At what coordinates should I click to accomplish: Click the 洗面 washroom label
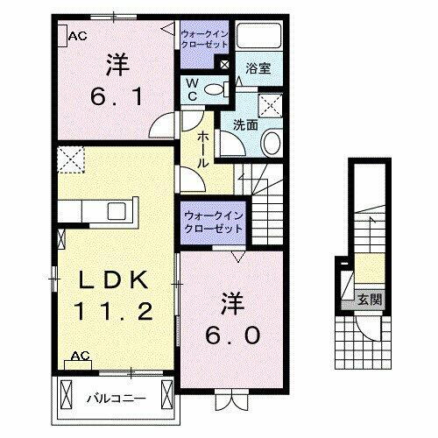244,124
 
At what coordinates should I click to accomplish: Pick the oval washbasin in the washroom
272,144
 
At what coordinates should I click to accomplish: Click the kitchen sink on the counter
116,211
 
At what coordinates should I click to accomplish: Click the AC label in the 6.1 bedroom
76,36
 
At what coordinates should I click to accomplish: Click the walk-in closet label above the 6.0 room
214,222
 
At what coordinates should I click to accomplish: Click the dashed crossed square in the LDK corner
68,159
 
